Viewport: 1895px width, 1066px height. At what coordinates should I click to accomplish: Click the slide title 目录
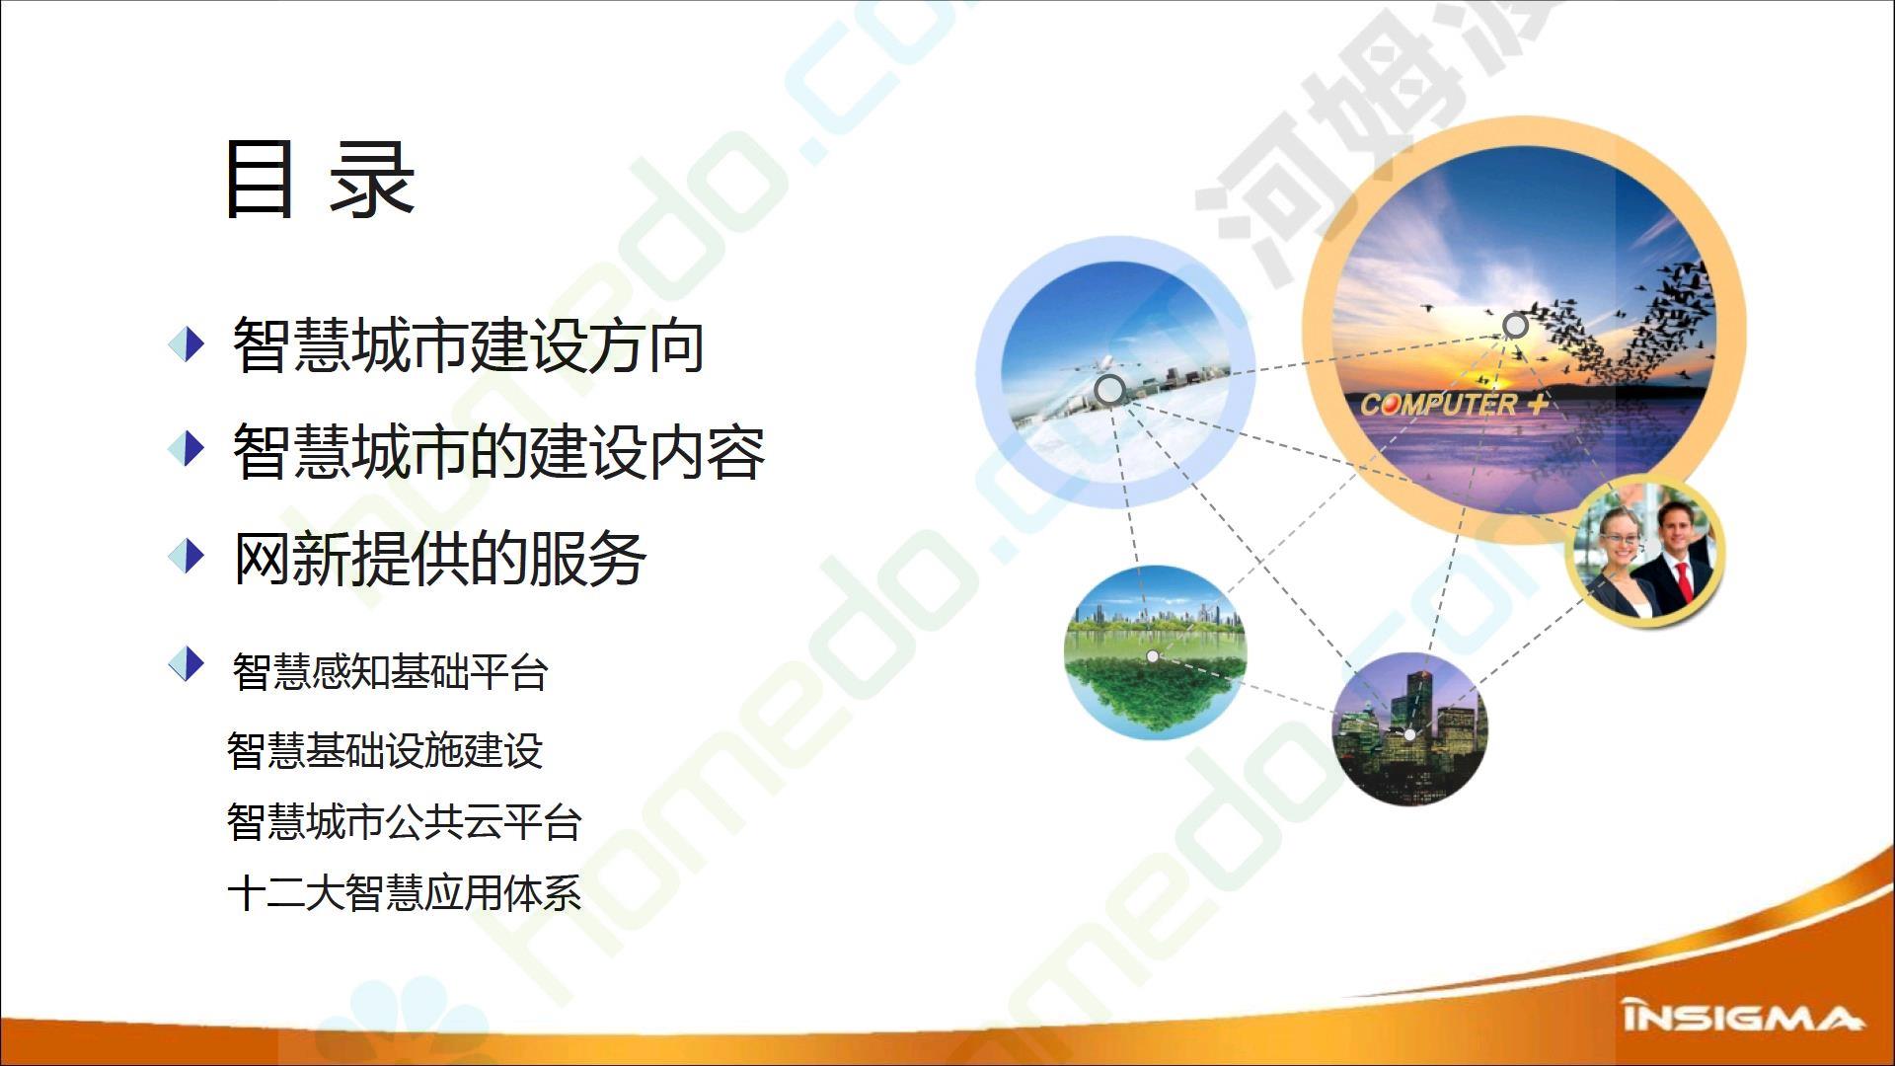point(319,179)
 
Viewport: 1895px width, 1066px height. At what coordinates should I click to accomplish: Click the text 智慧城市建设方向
point(468,345)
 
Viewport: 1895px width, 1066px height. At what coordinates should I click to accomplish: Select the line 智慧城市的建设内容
point(498,451)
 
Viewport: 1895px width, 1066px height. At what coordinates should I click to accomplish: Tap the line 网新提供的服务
point(439,558)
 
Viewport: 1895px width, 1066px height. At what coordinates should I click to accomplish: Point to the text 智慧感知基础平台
point(390,672)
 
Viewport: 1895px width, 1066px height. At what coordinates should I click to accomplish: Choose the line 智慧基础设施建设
point(385,750)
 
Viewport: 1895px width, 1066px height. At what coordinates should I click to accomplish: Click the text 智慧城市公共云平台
point(405,822)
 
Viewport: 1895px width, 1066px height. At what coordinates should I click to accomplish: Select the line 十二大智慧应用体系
point(405,893)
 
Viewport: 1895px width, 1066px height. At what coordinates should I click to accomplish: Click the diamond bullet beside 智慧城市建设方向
point(187,344)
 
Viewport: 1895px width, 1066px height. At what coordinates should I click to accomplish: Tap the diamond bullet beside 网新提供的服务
point(187,556)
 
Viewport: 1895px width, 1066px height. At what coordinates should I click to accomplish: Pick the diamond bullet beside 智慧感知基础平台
point(187,664)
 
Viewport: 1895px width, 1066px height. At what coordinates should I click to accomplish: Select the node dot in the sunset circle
point(1515,326)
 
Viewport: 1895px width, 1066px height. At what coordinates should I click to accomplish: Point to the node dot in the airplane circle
point(1109,390)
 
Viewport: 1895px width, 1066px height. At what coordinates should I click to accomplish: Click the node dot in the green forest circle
point(1152,656)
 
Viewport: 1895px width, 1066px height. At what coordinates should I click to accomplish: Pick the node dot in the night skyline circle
point(1409,734)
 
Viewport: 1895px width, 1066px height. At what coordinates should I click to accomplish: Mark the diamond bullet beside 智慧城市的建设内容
point(187,449)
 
